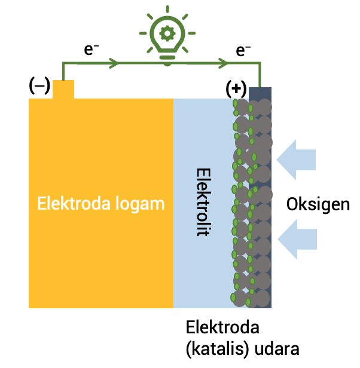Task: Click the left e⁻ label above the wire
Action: [91, 51]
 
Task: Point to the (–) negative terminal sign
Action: [39, 86]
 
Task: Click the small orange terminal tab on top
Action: [63, 90]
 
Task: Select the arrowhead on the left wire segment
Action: [114, 62]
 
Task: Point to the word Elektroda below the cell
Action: [222, 328]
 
